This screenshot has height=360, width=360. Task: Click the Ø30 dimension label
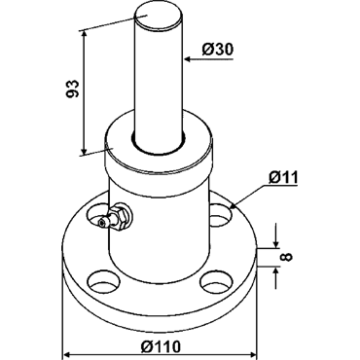coord(217,50)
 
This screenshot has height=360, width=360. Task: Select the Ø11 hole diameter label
coord(283,178)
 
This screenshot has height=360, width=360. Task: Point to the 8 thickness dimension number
coord(287,257)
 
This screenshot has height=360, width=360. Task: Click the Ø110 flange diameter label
coord(161,346)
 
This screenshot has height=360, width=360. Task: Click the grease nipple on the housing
coord(115,218)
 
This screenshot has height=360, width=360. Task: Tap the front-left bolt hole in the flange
coord(103,283)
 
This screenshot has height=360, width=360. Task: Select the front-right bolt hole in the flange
coord(216,282)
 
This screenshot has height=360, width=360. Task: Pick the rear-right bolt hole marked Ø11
coord(221,215)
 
